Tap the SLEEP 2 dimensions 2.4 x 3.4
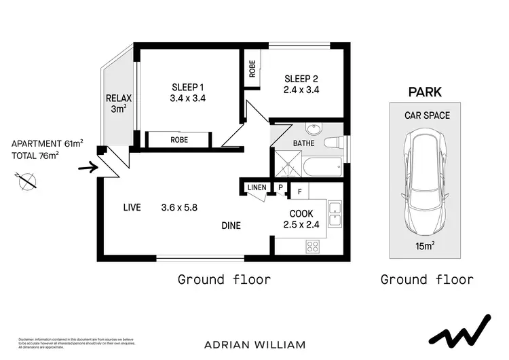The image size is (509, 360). [x=301, y=88]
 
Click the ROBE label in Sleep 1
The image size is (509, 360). [x=179, y=140]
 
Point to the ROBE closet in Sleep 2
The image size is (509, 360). [x=252, y=69]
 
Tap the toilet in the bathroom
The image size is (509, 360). [x=334, y=143]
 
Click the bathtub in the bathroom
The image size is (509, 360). [x=322, y=168]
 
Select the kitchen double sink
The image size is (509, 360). [x=335, y=215]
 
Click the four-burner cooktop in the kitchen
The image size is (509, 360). [x=314, y=246]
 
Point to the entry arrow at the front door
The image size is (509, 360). [x=88, y=166]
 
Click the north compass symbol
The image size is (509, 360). [x=27, y=181]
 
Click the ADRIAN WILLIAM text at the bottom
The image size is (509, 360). [x=254, y=344]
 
